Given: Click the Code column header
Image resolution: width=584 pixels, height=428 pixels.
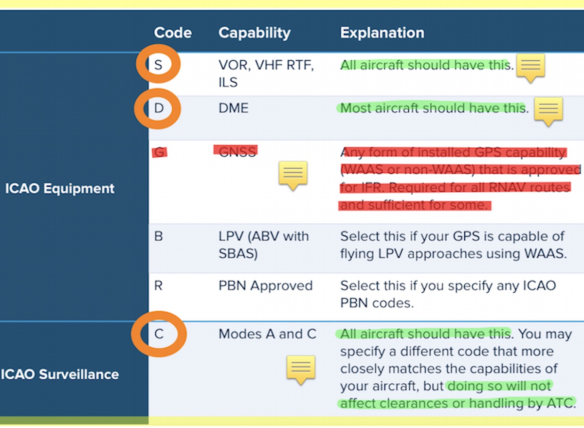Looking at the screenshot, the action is point(173,33).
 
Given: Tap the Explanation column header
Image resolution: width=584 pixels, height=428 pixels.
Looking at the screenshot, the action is point(382,33).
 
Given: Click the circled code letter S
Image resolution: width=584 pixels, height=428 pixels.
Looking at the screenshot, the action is point(158,65).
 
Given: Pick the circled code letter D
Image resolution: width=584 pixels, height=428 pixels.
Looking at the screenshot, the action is point(159,108).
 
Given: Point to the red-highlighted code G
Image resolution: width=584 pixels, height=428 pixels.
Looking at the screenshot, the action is point(160,152).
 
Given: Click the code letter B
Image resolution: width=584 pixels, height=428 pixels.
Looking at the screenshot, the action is point(158,236).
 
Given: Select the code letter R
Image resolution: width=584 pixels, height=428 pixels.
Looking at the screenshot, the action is point(158,286).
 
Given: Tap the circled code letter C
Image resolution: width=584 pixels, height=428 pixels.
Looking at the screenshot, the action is point(159,334).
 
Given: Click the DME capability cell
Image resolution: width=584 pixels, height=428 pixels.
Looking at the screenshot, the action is point(233,108).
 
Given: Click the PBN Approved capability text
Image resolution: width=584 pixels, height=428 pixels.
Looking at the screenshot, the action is point(265,286).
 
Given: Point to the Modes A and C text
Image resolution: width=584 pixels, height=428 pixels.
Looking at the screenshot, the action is point(268,334).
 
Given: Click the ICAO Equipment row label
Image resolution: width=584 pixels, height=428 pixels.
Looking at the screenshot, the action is point(60,189).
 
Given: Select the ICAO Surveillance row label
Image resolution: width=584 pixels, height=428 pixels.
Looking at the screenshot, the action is point(60,374).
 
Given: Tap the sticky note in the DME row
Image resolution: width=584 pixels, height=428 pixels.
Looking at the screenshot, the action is point(548,111).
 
